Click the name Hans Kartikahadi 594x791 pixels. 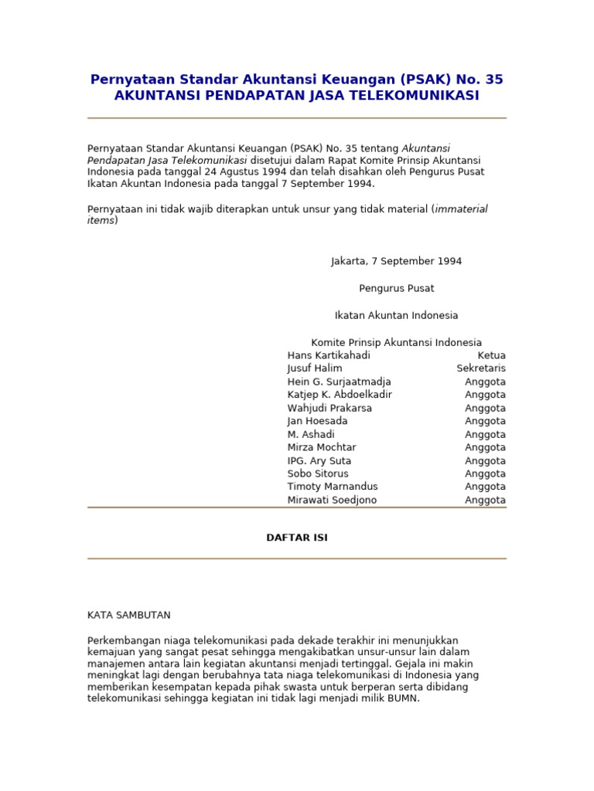pos(329,355)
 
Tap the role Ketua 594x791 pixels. pos(491,355)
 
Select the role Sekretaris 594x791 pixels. pos(481,368)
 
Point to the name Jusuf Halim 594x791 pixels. pos(315,368)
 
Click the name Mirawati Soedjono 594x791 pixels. pos(332,500)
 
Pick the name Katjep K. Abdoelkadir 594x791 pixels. pos(340,395)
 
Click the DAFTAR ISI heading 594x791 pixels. pos(297,538)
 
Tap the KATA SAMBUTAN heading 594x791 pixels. pos(129,615)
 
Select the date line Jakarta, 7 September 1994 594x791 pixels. pos(396,261)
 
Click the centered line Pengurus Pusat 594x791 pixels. pos(396,288)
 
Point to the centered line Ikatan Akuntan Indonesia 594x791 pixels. pos(396,315)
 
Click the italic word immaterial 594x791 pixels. pos(461,209)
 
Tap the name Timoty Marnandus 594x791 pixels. pos(333,487)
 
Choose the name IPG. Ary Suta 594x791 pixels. pos(319,460)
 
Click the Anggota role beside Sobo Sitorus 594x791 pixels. pos(485,474)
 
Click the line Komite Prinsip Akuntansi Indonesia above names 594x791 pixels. pos(396,342)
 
